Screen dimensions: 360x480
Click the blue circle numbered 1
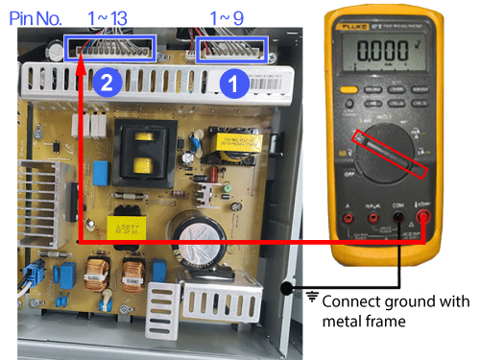[x=230, y=84]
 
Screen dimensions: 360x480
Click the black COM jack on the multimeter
[x=396, y=233]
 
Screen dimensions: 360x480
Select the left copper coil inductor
[x=99, y=278]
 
